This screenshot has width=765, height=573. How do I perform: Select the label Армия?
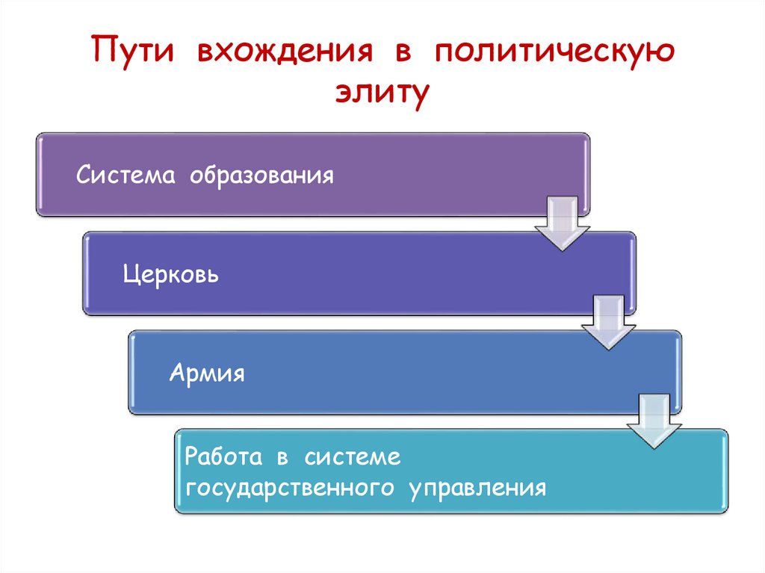point(208,372)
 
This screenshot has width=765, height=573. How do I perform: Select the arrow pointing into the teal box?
point(654,419)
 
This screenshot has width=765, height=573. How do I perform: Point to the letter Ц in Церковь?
point(129,276)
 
